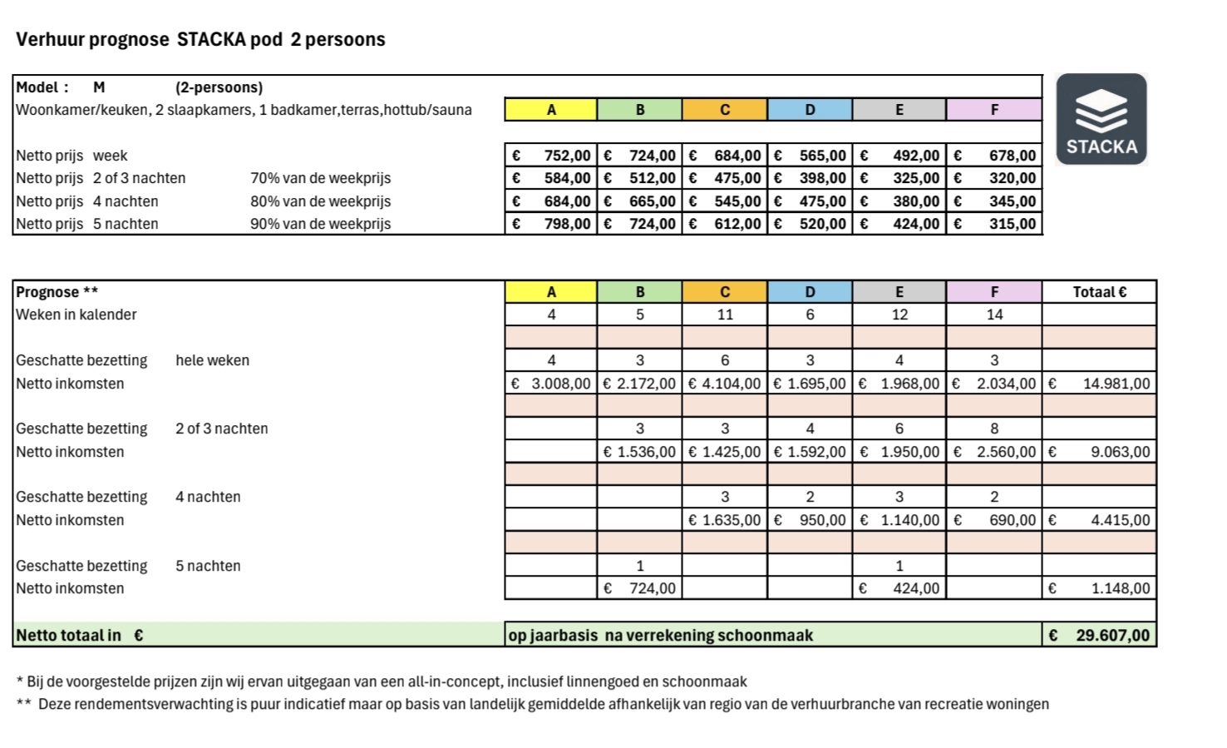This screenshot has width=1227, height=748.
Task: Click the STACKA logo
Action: [x=1101, y=118]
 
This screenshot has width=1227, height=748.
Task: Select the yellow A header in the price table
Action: [x=550, y=110]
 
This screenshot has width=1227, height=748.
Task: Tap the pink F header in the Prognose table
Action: [x=993, y=292]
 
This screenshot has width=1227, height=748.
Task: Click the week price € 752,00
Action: [x=550, y=156]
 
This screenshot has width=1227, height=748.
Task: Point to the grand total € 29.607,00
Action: [x=1099, y=636]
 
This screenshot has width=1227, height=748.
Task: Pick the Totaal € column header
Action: [x=1099, y=292]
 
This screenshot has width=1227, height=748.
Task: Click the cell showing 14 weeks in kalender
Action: [x=993, y=315]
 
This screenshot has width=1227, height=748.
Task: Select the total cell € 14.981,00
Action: [x=1099, y=384]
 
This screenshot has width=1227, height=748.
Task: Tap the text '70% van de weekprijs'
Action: [x=320, y=178]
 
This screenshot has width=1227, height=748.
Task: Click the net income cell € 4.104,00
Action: [x=724, y=384]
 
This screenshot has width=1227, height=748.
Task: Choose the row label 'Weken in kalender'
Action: [x=76, y=315]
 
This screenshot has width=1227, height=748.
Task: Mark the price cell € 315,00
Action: [x=993, y=224]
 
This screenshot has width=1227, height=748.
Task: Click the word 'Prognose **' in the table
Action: [x=57, y=292]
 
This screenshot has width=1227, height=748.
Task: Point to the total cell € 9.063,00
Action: [x=1099, y=452]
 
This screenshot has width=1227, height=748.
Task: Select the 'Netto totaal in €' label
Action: [x=80, y=636]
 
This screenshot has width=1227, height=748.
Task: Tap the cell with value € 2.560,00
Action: [x=993, y=452]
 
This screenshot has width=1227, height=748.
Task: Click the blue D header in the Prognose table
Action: [x=810, y=292]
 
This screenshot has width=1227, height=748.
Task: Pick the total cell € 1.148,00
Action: [x=1099, y=588]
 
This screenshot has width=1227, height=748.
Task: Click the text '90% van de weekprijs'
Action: [x=320, y=224]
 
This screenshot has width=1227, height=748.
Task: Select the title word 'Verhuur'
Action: [x=46, y=39]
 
